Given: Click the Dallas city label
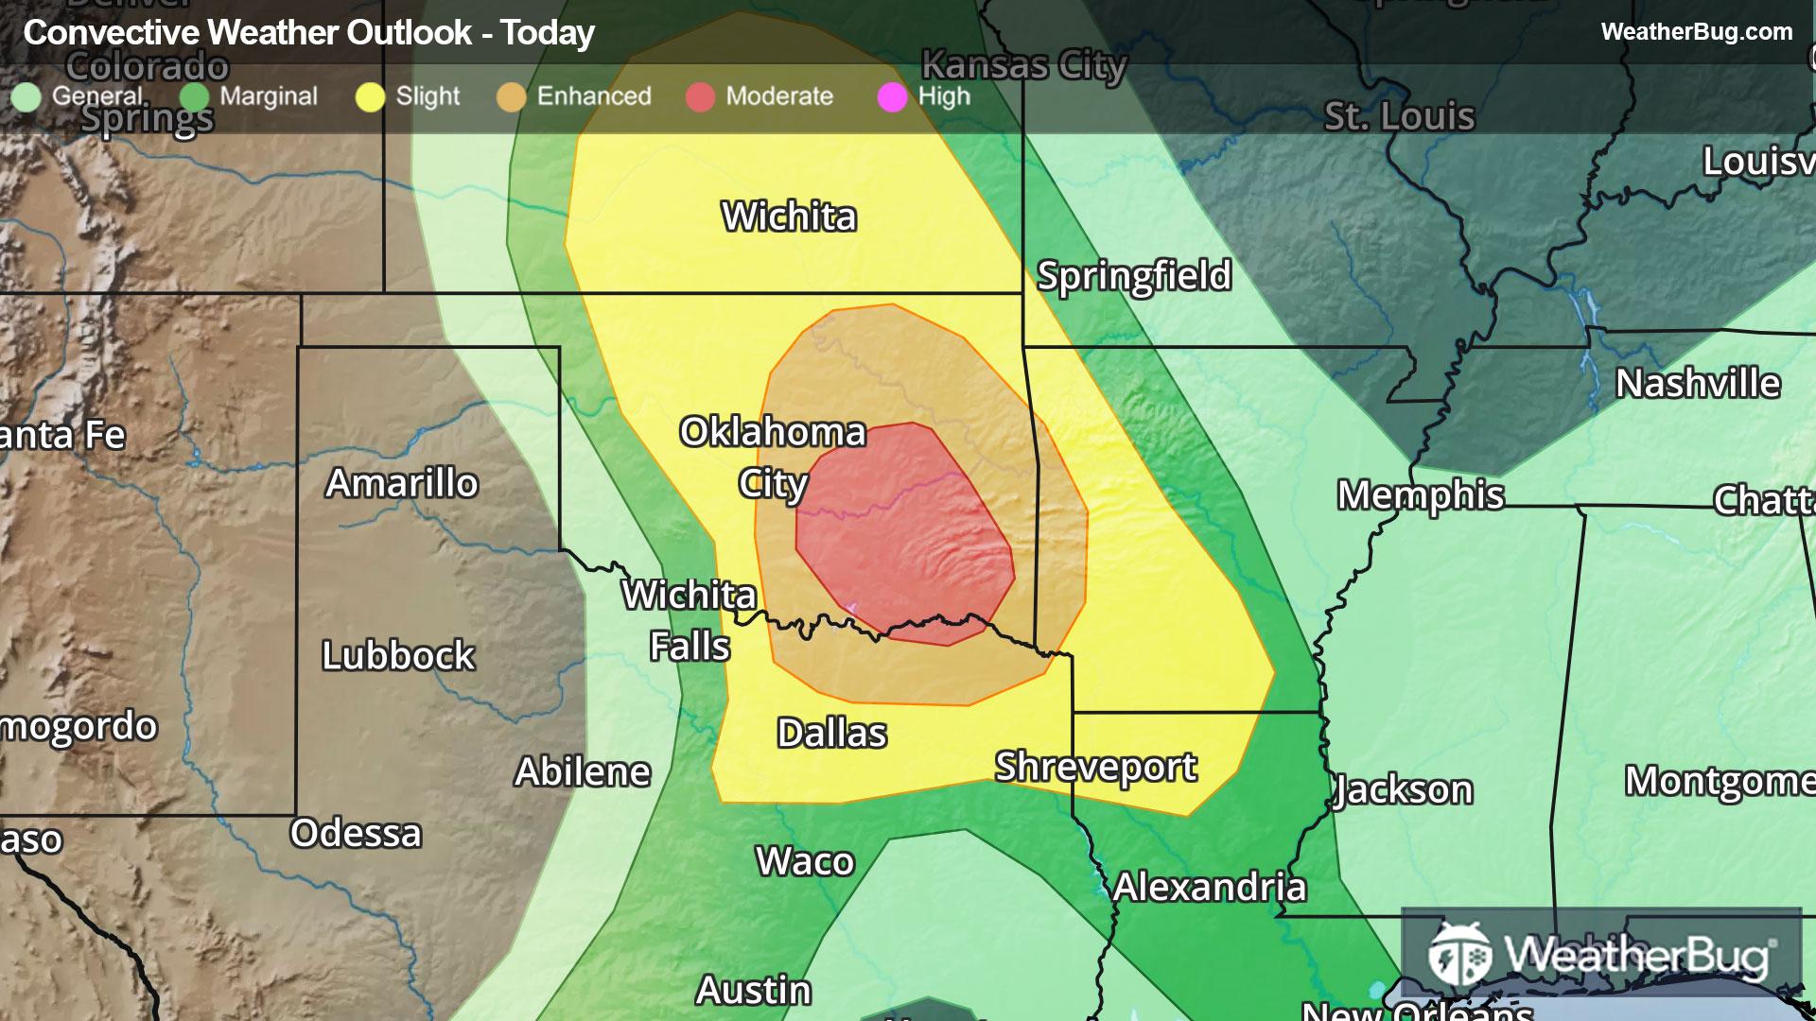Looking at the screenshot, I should point(831,734).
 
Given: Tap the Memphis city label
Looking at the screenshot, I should point(1420,495).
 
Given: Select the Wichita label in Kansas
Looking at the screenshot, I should point(789,217).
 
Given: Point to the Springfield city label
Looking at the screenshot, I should point(1134,276).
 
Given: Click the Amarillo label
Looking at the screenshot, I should point(402,483).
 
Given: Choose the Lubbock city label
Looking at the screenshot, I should point(397,655).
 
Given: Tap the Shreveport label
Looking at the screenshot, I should point(1095,767).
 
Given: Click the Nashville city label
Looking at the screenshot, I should point(1698,384).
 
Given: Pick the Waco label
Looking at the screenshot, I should point(805,861).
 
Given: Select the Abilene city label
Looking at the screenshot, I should point(583,772).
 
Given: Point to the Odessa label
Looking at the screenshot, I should point(356,833).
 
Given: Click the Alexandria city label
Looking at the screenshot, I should point(1210,887).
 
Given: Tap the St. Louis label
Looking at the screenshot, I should point(1399,116).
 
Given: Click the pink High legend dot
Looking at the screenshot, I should point(892,97).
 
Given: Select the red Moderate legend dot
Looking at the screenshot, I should point(700,97).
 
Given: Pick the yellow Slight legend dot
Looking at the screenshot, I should point(370,97).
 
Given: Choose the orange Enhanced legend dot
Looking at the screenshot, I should point(511,97).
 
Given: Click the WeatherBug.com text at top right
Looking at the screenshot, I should point(1696,32).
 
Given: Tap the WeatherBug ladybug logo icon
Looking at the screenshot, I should point(1459,955).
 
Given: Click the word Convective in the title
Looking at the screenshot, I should point(112,33).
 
